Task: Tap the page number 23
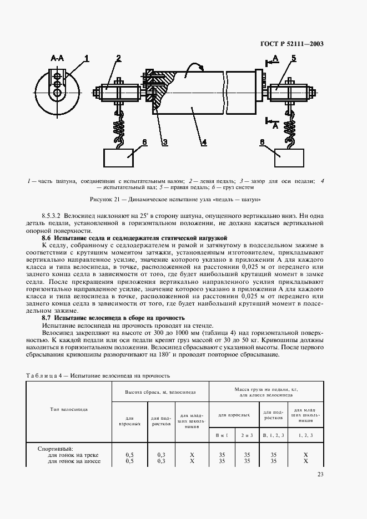(x=320, y=474)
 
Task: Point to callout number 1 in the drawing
(x=87, y=57)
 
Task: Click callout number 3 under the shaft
(x=164, y=143)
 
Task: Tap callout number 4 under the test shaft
(x=204, y=143)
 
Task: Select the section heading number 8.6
(x=47, y=237)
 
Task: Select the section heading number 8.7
(x=47, y=318)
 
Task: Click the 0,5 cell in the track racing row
(x=130, y=455)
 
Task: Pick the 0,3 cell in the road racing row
(x=160, y=461)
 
